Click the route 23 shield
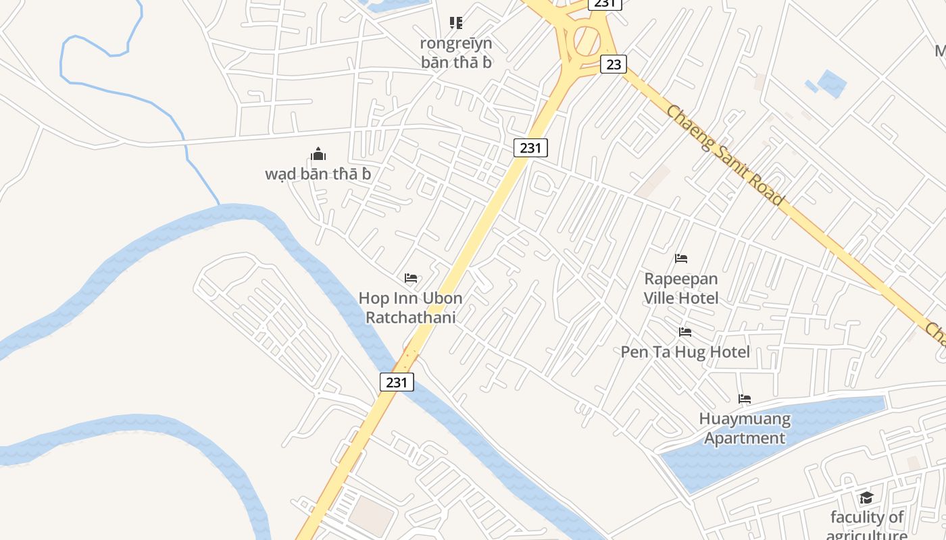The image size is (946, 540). click(x=614, y=64)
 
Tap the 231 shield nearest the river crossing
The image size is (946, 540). click(x=397, y=382)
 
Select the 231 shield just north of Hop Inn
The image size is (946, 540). click(x=530, y=147)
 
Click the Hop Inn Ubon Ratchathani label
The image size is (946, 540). click(x=410, y=307)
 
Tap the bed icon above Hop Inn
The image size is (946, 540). click(x=410, y=277)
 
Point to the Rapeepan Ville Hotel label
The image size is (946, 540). click(x=680, y=288)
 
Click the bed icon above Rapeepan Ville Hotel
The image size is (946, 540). click(x=681, y=258)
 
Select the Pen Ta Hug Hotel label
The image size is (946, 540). click(x=685, y=352)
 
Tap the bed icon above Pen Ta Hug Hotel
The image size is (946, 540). click(x=685, y=331)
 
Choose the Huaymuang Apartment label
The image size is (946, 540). click(x=745, y=428)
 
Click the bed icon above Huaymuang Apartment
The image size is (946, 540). click(x=745, y=398)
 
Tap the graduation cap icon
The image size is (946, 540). click(x=866, y=498)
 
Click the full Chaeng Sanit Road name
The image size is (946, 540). click(x=725, y=155)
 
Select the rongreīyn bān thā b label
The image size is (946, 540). click(x=456, y=53)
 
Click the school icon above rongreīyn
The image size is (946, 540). click(x=456, y=23)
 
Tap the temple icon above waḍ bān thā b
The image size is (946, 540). click(x=318, y=154)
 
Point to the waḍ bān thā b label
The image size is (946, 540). click(x=318, y=173)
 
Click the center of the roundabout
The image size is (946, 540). click(x=587, y=41)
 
